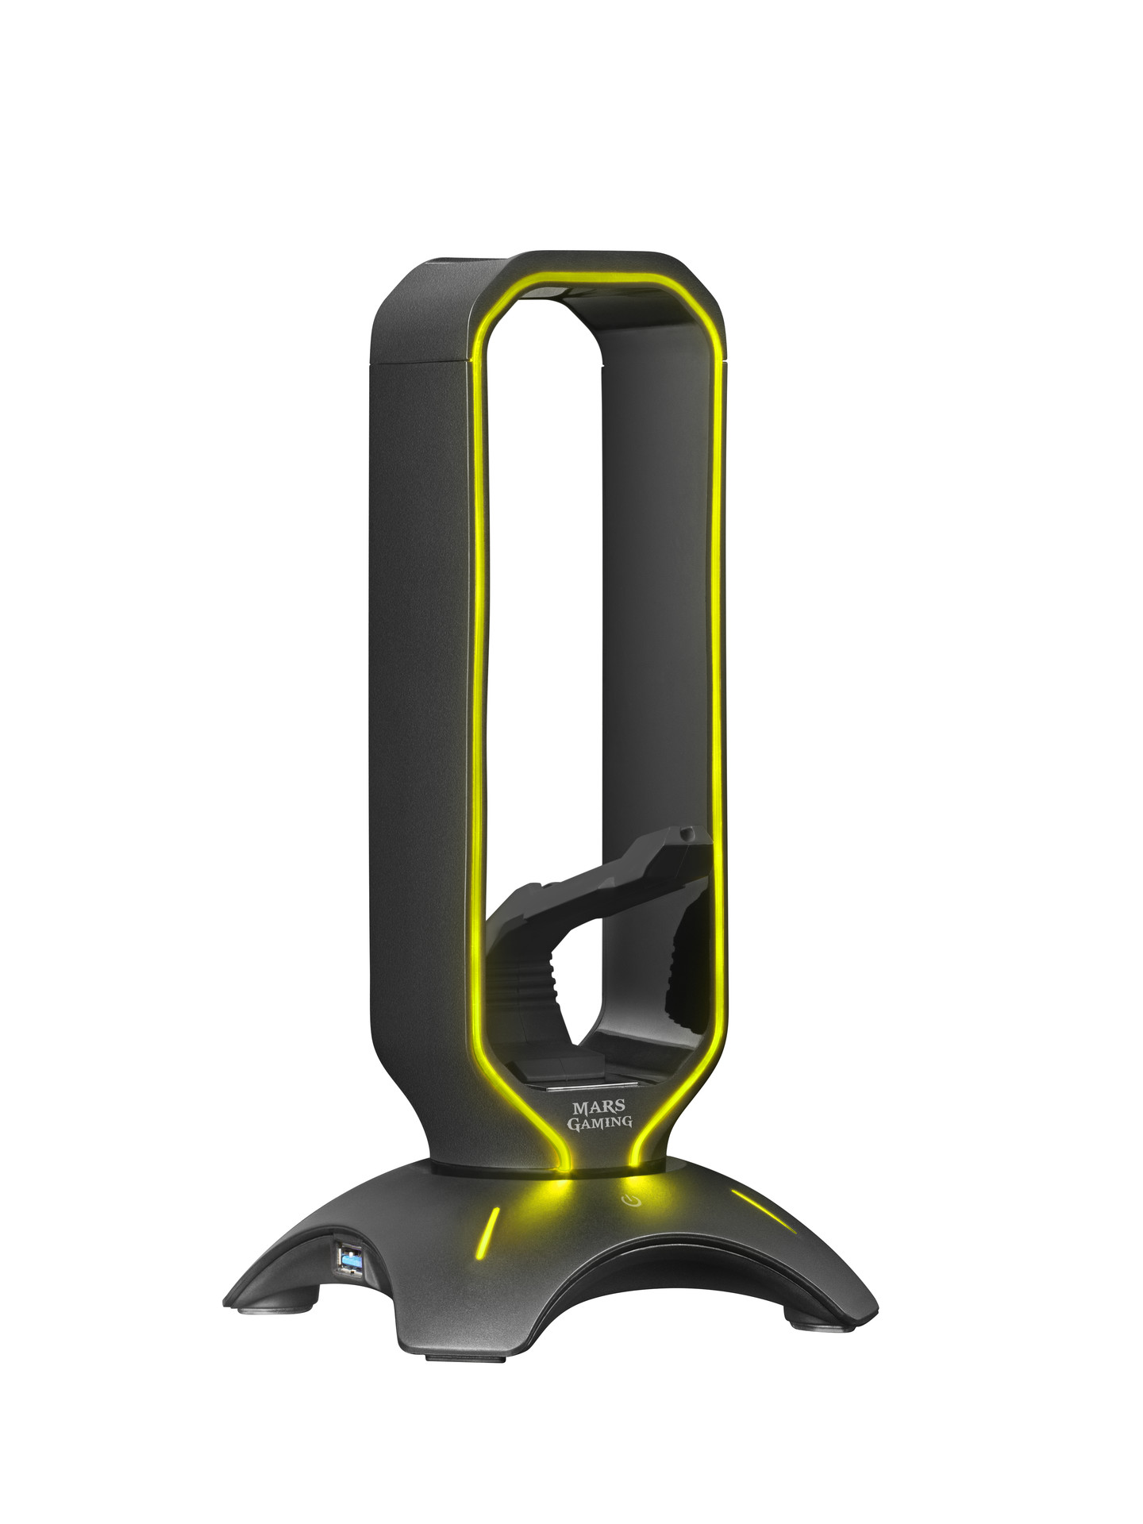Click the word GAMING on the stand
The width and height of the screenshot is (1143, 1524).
pyautogui.click(x=600, y=1122)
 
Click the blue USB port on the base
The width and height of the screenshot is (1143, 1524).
pyautogui.click(x=348, y=1277)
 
